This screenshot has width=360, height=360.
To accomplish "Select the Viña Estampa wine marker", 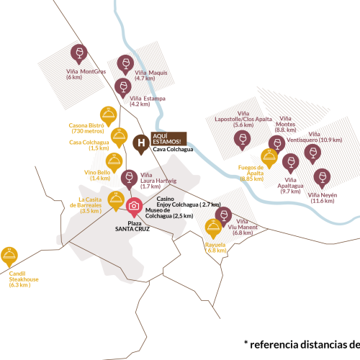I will coord(122,87).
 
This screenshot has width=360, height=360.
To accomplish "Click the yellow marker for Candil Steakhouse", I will coord(12,255).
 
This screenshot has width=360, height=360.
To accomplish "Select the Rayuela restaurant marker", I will coord(213,228).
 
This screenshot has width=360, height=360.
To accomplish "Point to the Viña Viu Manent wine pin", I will coord(223,215).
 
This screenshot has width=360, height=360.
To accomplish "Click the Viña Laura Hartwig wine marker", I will coord(130,177).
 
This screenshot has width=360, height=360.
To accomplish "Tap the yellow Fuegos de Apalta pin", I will coord(269,157).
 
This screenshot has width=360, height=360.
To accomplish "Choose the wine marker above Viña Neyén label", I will coord(322,176).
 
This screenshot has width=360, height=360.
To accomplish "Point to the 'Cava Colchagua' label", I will coord(173,150).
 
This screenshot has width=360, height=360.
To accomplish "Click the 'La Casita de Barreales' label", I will coord(91,202).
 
